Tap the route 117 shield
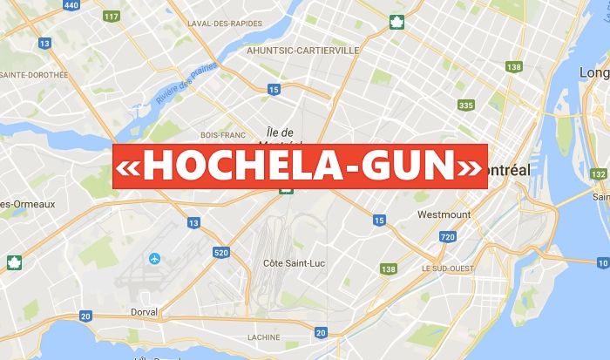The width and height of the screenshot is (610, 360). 111,16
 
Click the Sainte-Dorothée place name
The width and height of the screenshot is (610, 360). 33,75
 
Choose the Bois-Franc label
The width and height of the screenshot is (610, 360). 220,135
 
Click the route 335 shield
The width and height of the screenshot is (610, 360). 466,105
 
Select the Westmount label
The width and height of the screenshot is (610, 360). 444,214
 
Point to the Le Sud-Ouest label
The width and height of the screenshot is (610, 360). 447,268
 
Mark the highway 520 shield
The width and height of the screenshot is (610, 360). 221,252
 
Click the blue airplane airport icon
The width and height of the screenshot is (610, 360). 155,258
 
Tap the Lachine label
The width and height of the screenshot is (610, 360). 264,337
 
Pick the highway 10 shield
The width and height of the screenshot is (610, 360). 603,262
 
